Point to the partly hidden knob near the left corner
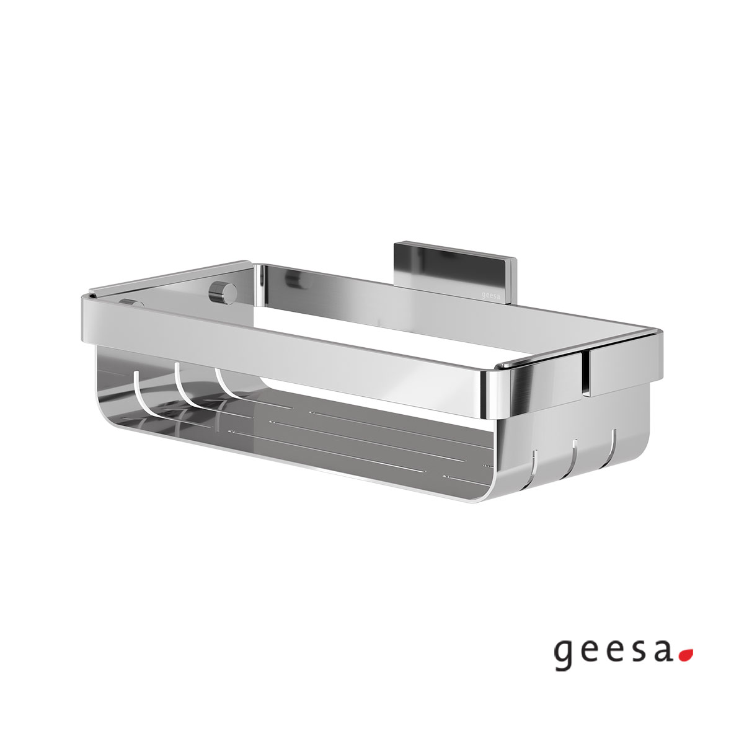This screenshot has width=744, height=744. point(131,303)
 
